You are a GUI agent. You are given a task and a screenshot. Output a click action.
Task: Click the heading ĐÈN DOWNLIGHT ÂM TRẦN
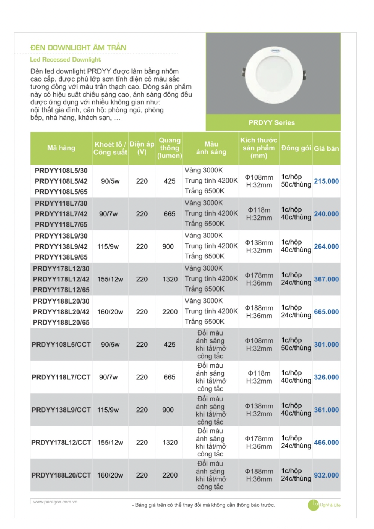click(78, 48)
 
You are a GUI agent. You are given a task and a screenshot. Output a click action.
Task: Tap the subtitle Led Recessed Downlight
click(65, 60)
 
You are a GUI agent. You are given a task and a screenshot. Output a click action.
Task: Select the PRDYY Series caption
click(271, 123)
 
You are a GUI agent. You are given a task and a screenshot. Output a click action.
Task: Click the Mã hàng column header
click(61, 148)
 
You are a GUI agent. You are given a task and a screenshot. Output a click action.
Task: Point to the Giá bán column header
click(326, 148)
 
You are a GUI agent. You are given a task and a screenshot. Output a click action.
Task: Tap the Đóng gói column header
click(296, 148)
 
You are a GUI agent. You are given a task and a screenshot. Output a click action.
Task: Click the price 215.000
click(326, 181)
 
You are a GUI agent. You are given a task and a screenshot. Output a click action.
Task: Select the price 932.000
click(326, 475)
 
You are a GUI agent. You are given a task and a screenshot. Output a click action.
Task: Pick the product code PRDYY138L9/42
click(61, 246)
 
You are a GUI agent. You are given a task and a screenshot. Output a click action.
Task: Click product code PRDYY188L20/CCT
click(61, 475)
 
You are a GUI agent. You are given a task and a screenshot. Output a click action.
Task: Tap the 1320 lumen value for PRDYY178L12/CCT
click(170, 443)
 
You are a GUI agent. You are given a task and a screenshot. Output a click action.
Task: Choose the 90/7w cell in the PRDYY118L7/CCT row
click(108, 377)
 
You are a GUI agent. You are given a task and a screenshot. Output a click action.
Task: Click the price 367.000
click(326, 279)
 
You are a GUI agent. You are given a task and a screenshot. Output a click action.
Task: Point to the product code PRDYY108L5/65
click(61, 192)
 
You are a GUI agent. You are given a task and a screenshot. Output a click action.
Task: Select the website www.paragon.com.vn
click(55, 502)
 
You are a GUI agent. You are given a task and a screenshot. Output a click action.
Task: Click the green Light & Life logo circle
click(313, 505)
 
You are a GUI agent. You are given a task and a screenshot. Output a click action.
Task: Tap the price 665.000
click(326, 312)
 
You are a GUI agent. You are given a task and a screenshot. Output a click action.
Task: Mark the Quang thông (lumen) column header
click(170, 148)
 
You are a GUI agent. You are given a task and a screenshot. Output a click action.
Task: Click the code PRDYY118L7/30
click(61, 203)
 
